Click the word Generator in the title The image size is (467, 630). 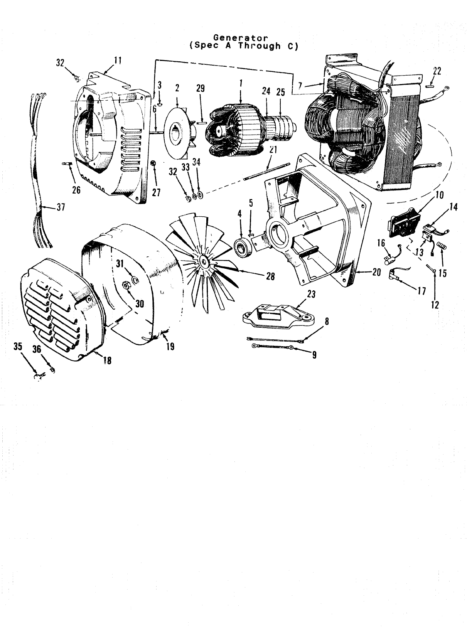[x=241, y=38]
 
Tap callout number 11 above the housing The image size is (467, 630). [x=117, y=60]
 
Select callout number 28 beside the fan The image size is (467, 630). [x=270, y=276]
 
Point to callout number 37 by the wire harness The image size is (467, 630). [x=61, y=207]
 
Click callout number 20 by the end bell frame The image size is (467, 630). [x=377, y=273]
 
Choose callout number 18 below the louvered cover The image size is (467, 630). [x=107, y=360]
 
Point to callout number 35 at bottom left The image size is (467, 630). [x=18, y=346]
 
